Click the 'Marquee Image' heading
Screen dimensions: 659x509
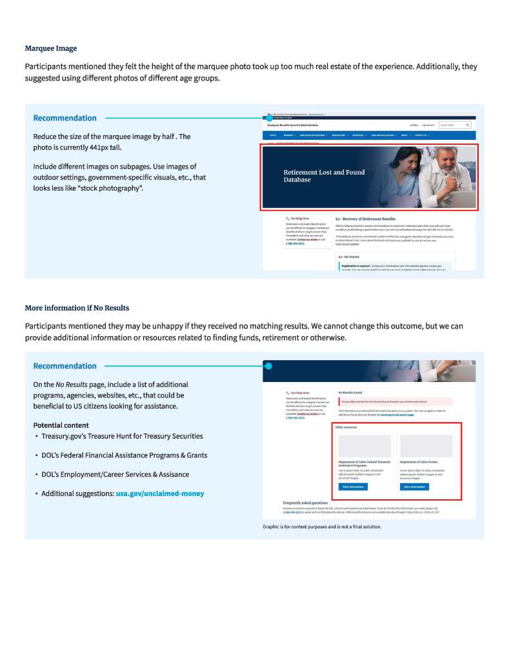[x=50, y=48]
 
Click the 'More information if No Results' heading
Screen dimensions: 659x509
[x=77, y=308]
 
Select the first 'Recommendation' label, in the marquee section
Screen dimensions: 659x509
[x=65, y=118]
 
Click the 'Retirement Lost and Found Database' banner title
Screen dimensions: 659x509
[x=324, y=176]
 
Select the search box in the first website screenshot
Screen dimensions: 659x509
[x=452, y=125]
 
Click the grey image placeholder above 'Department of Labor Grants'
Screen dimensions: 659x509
[x=426, y=446]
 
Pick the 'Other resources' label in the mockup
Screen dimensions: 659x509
[x=346, y=427]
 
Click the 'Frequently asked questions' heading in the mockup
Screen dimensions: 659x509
[x=305, y=502]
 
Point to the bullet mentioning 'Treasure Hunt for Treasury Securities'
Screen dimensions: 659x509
[x=122, y=436]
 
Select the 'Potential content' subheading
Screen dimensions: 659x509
[x=61, y=425]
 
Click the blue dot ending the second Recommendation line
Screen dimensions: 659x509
[x=268, y=366]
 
